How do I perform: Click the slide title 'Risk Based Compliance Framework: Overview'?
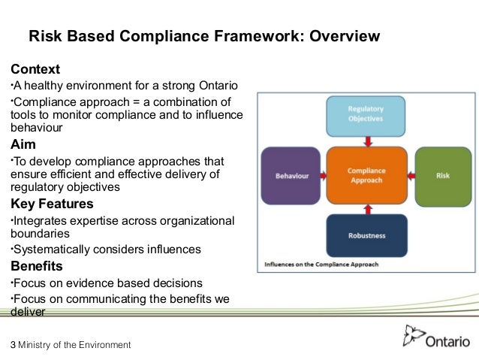coord(203,36)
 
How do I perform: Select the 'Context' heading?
coord(35,69)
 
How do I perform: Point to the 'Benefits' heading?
coord(37,266)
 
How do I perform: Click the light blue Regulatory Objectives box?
coord(366,115)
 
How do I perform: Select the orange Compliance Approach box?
coord(366,175)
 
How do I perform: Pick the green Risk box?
coord(441,175)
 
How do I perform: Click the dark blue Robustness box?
coord(366,234)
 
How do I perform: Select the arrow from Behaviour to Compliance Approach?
coord(321,175)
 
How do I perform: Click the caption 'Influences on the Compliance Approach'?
coord(321,265)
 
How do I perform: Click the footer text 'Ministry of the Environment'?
coord(74,345)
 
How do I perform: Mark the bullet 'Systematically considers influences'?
coord(106,250)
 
